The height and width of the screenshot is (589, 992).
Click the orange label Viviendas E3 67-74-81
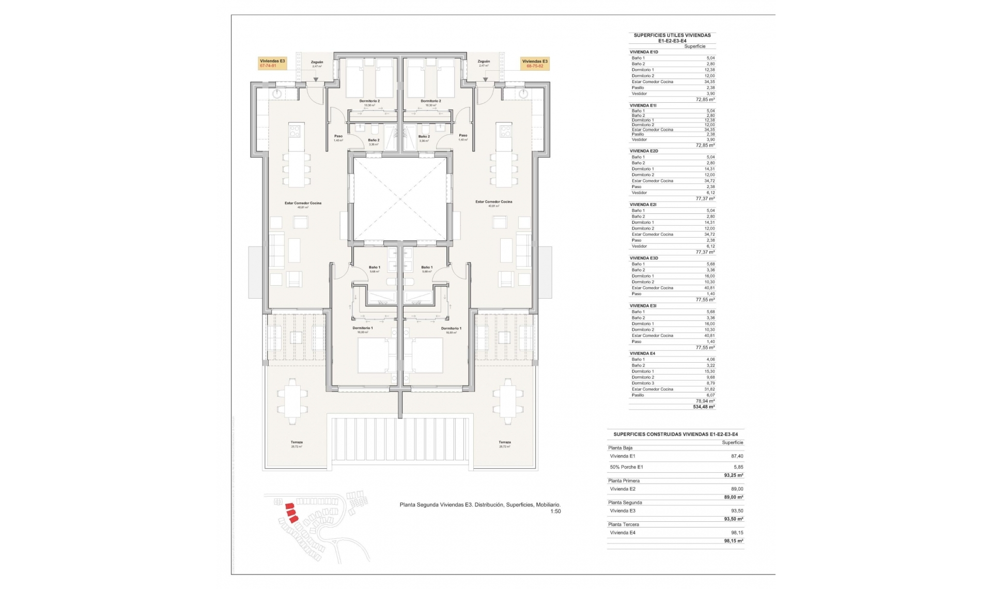pos(272,63)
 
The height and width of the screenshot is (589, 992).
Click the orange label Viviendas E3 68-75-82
pos(535,63)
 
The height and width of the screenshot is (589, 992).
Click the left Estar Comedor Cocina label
pos(303,204)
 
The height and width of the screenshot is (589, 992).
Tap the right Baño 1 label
pos(426,268)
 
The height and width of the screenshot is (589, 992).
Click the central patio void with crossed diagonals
pos(400,199)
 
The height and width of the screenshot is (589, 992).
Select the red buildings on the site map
pos(291,513)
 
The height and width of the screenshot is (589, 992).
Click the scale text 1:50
pos(555,512)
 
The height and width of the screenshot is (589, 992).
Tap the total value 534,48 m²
pos(704,407)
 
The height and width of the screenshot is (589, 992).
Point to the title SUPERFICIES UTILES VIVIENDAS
pos(672,35)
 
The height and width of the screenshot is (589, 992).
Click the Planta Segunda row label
pos(625,502)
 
